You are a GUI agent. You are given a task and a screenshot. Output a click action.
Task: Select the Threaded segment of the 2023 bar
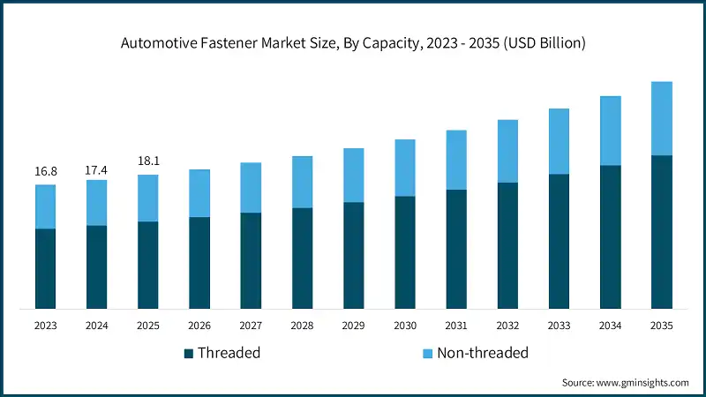point(45,268)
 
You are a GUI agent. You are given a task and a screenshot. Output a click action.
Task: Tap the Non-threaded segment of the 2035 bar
point(662,118)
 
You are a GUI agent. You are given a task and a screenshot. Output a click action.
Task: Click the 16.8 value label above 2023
point(45,171)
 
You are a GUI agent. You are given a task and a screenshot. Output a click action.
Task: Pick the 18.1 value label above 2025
point(147,161)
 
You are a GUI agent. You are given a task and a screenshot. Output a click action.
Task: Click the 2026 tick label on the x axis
point(199,326)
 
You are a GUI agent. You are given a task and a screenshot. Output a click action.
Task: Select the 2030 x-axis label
point(405,326)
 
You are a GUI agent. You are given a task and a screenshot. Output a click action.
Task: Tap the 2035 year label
point(662,326)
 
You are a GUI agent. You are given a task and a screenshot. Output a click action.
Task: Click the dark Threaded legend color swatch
point(189,354)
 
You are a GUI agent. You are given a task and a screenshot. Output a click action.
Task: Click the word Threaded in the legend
point(229,353)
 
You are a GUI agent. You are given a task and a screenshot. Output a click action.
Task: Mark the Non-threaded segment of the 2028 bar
point(302,182)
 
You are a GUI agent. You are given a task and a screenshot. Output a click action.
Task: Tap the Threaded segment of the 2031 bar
point(456,249)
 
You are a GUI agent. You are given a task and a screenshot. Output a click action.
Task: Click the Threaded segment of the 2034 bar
point(611,236)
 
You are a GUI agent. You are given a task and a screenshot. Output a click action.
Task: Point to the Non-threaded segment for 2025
point(147,198)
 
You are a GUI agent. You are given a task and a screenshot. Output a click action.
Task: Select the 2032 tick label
point(507,326)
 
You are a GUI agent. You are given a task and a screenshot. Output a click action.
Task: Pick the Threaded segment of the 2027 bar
point(251,260)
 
